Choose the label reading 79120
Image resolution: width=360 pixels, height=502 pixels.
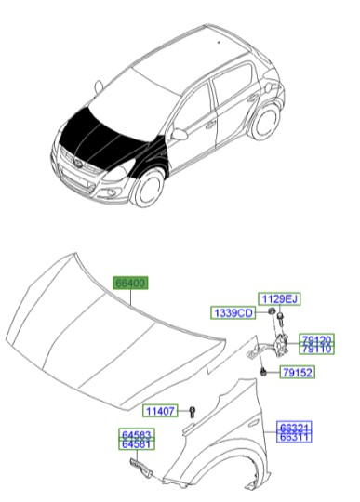316,340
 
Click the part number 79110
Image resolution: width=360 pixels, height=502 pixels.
316,350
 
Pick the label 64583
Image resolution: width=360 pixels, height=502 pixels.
137,433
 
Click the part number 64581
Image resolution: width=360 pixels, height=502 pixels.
137,443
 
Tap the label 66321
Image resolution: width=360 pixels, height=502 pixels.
295,427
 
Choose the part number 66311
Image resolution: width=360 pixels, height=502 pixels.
295,436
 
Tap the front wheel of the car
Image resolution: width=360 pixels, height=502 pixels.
147,190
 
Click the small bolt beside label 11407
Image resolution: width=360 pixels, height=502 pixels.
190,411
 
